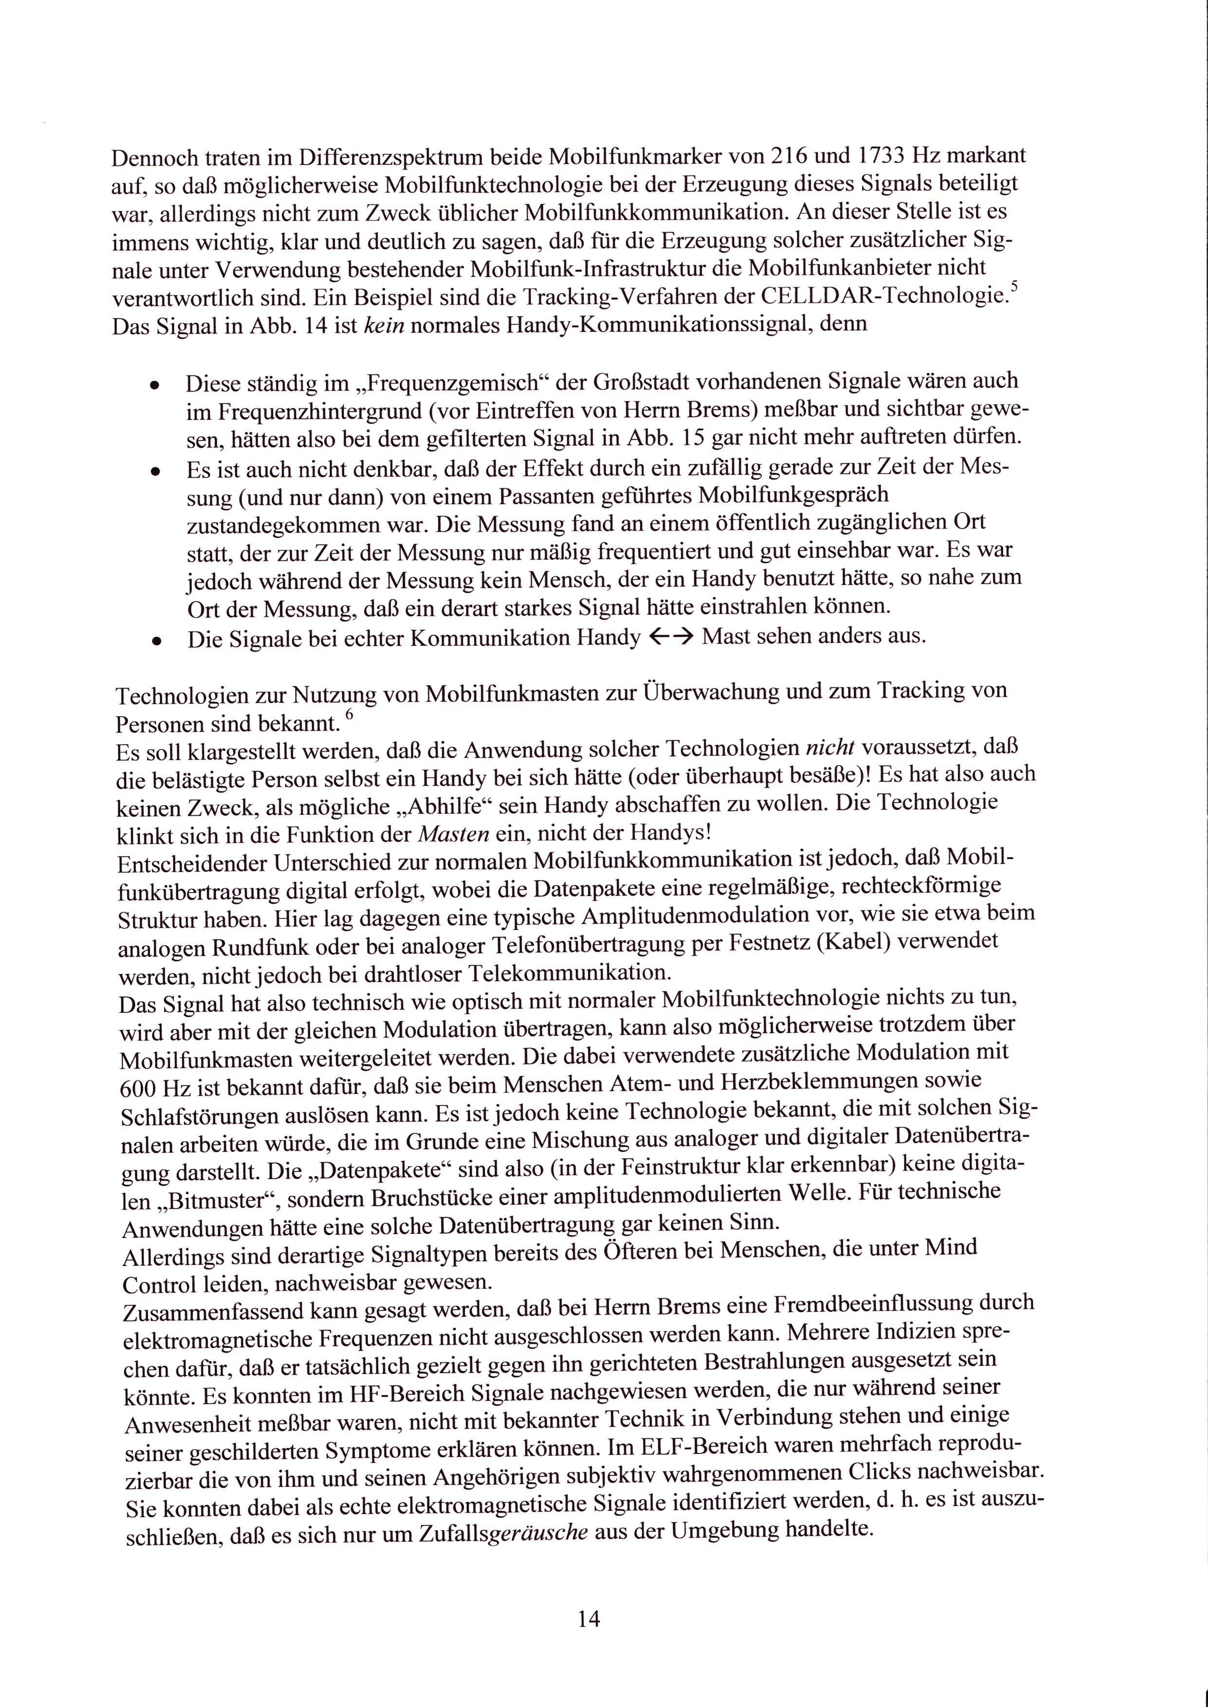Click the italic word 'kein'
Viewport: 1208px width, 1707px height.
point(381,327)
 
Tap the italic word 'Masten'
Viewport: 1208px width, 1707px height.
point(454,833)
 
